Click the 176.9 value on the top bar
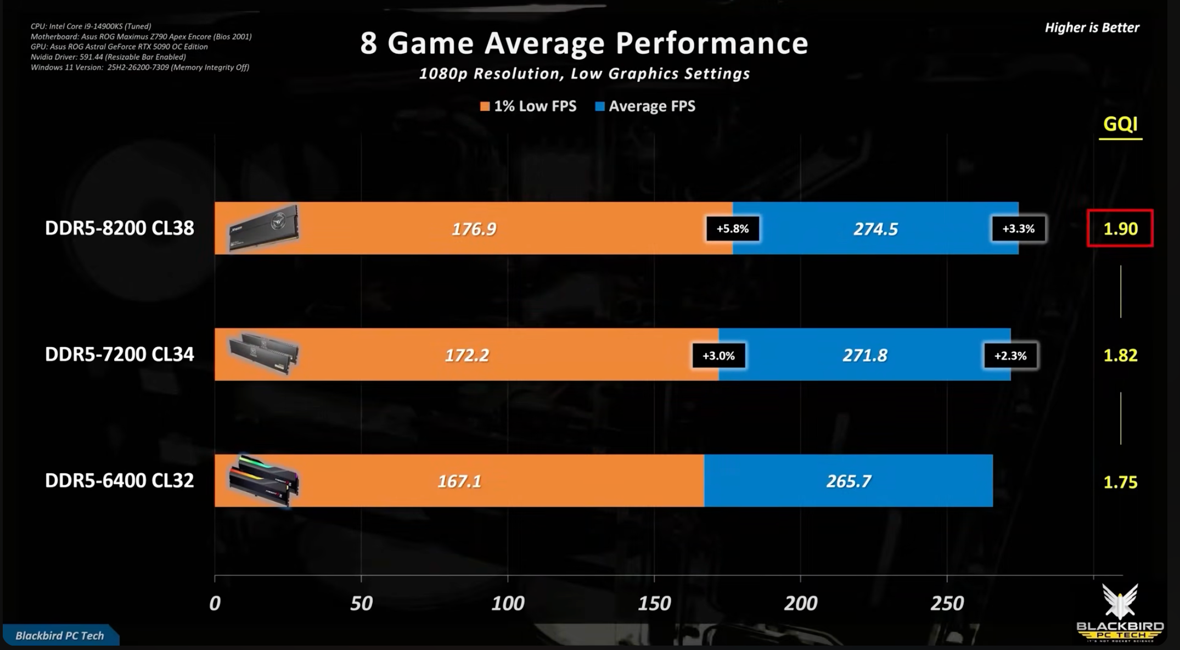pos(474,229)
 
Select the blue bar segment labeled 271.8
pos(865,355)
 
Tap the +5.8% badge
pos(733,229)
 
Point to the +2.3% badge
pos(1010,356)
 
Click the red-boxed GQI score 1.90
pos(1120,229)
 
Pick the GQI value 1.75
pos(1120,482)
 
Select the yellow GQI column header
pos(1120,124)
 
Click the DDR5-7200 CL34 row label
pos(120,355)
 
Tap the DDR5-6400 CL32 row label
pos(120,481)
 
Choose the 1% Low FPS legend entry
pos(529,106)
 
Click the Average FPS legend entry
pos(645,106)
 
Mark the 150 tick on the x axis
pos(654,603)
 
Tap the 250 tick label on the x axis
pos(947,603)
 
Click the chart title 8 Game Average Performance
pos(584,43)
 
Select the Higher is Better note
pos(1092,27)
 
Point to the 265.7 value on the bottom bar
pos(849,481)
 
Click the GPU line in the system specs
pos(119,47)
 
